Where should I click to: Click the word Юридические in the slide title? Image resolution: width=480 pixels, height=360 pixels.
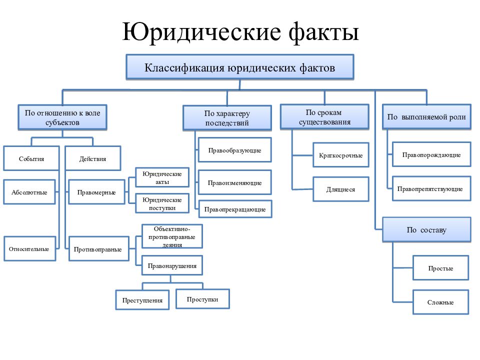tap(201, 32)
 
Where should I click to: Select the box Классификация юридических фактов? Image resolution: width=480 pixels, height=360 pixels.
tap(240, 67)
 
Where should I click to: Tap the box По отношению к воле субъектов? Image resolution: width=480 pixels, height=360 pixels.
tap(62, 117)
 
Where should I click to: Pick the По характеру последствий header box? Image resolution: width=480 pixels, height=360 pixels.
tap(227, 118)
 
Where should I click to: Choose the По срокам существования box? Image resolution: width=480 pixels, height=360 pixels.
tap(325, 117)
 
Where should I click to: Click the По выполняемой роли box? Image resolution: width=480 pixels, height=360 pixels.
tap(426, 117)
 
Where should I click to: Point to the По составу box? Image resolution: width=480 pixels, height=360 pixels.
tap(426, 230)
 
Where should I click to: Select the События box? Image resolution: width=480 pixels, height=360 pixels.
tap(31, 158)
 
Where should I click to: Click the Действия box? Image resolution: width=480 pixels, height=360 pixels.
tap(93, 158)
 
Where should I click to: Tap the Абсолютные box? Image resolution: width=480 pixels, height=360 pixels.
tap(29, 192)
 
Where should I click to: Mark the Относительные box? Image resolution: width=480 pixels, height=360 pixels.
tap(29, 248)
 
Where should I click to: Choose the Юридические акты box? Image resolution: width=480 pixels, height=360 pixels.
tap(162, 177)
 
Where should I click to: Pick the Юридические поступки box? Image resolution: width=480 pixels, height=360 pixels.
tap(162, 203)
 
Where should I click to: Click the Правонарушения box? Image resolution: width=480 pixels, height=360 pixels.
tap(172, 265)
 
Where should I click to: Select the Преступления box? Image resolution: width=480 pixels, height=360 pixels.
tap(142, 300)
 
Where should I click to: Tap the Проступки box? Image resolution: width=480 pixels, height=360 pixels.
tap(202, 299)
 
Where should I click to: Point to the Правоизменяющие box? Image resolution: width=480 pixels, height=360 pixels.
tap(235, 182)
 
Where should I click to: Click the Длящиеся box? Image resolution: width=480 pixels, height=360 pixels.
tap(340, 189)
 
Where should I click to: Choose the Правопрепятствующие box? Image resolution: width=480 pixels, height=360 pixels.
tap(431, 188)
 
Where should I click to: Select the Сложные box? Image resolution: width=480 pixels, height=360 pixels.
tap(441, 302)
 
